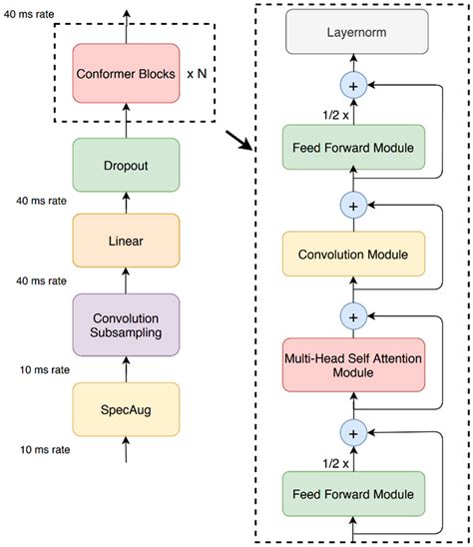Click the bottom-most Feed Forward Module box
click(x=354, y=494)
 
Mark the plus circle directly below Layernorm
click(x=354, y=87)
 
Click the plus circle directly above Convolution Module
click(x=354, y=205)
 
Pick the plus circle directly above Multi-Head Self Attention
click(x=354, y=315)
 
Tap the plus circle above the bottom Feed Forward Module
click(x=354, y=432)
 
